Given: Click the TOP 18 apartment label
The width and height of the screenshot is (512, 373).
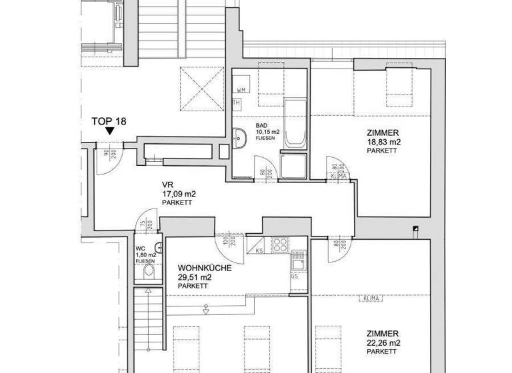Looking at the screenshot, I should pyautogui.click(x=109, y=121).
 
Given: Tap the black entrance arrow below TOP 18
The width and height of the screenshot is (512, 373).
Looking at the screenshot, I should pyautogui.click(x=109, y=133).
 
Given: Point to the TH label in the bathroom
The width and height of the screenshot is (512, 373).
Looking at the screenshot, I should pyautogui.click(x=236, y=103).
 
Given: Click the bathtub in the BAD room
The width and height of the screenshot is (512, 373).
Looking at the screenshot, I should pyautogui.click(x=294, y=125).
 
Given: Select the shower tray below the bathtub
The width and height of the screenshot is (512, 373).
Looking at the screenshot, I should pyautogui.click(x=293, y=166).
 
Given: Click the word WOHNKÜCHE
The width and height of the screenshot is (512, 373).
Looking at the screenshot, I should pyautogui.click(x=205, y=268).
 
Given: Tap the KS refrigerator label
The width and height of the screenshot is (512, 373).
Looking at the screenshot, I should pyautogui.click(x=259, y=252).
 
